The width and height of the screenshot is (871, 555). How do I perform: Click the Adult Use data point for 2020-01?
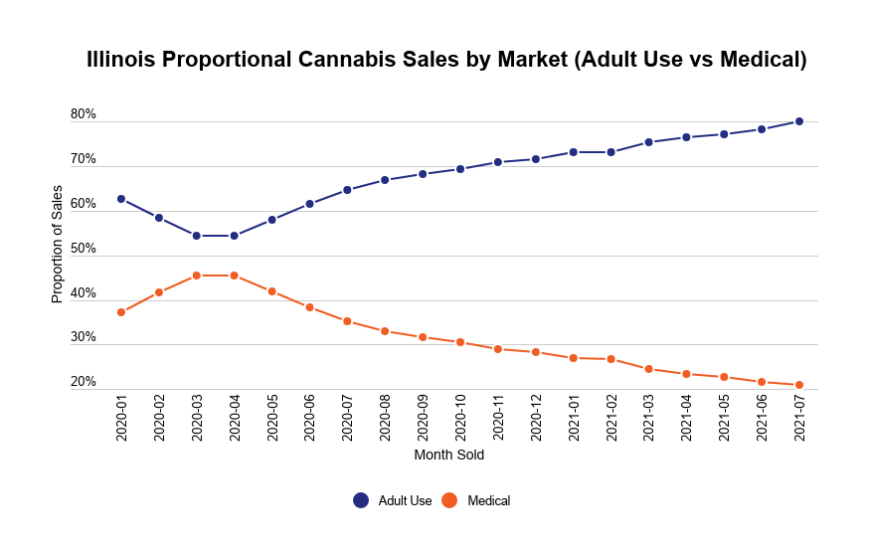[121, 199]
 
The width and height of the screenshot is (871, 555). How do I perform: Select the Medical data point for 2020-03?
[197, 276]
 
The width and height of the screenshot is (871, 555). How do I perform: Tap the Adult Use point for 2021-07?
[799, 121]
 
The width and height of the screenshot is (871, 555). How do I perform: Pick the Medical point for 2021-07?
[799, 385]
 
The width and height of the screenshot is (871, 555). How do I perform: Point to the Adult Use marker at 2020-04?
[235, 236]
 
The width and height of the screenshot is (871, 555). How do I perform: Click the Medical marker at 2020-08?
[385, 331]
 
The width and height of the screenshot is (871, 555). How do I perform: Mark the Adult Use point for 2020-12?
[535, 159]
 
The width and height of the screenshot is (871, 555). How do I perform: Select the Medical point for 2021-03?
[648, 369]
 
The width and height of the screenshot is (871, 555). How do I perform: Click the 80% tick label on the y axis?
[84, 114]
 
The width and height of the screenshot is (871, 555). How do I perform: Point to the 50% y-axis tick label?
[84, 249]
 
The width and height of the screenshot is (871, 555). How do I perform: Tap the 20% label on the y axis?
[84, 382]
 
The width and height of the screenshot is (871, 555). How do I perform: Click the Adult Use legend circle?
[361, 500]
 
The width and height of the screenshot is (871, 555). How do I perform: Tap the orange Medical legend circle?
[449, 500]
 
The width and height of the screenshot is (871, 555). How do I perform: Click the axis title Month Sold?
[449, 456]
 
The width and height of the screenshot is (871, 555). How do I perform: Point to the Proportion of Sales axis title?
[57, 244]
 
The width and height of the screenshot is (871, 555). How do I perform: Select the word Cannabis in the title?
[350, 60]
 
